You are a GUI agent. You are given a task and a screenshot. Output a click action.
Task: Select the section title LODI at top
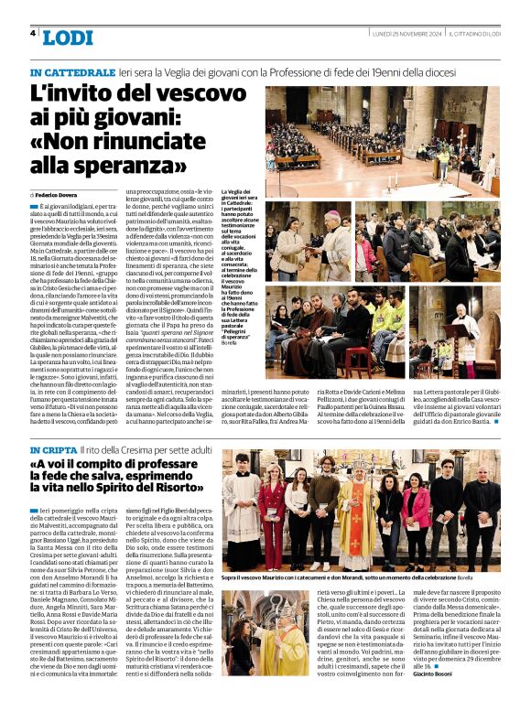pyautogui.click(x=68, y=37)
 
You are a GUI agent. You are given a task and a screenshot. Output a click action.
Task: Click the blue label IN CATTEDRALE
pyautogui.click(x=68, y=72)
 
